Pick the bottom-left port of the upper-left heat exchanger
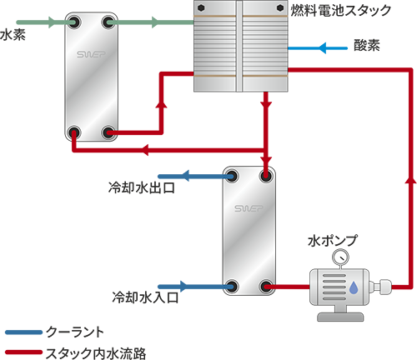73,131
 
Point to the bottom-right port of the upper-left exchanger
106,131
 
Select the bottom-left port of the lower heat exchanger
233,287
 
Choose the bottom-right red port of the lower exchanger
267,287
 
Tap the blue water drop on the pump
355,287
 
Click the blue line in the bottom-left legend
29,331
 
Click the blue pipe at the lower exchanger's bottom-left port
192,287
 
